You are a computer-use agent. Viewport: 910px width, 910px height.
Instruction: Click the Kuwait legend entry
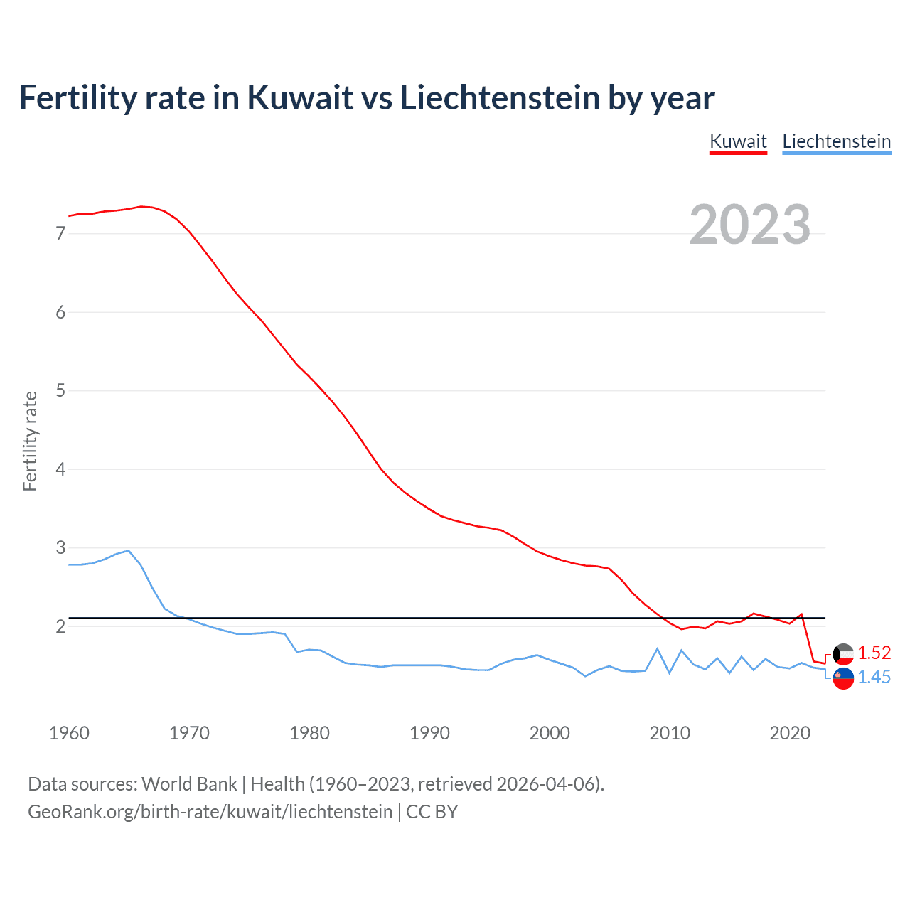tap(738, 141)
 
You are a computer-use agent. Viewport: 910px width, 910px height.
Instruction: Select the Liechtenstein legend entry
tap(836, 141)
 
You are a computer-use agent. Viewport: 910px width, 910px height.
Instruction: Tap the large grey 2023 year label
tap(750, 225)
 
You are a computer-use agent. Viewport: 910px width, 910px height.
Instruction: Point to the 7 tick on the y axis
tap(60, 233)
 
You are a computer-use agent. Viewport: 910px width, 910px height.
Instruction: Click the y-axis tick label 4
tap(60, 469)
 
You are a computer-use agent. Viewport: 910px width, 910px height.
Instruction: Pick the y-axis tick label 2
tap(60, 626)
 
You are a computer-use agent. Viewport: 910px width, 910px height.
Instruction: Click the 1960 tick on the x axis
tap(69, 733)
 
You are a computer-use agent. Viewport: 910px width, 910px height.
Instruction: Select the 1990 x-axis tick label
tap(429, 733)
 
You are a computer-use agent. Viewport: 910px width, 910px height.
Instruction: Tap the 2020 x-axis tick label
tap(790, 733)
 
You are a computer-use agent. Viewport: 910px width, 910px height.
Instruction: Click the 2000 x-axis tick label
tap(550, 733)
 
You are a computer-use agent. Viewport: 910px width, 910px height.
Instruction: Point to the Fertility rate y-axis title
tap(30, 441)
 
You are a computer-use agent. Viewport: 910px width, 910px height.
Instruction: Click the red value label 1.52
tap(874, 653)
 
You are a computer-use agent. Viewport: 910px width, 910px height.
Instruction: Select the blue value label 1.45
tap(874, 677)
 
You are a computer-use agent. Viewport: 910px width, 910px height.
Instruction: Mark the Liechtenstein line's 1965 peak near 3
tap(128, 550)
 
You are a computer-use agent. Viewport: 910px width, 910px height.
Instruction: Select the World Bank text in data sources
tap(189, 784)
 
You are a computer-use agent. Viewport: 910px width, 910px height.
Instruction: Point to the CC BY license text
tap(432, 812)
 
